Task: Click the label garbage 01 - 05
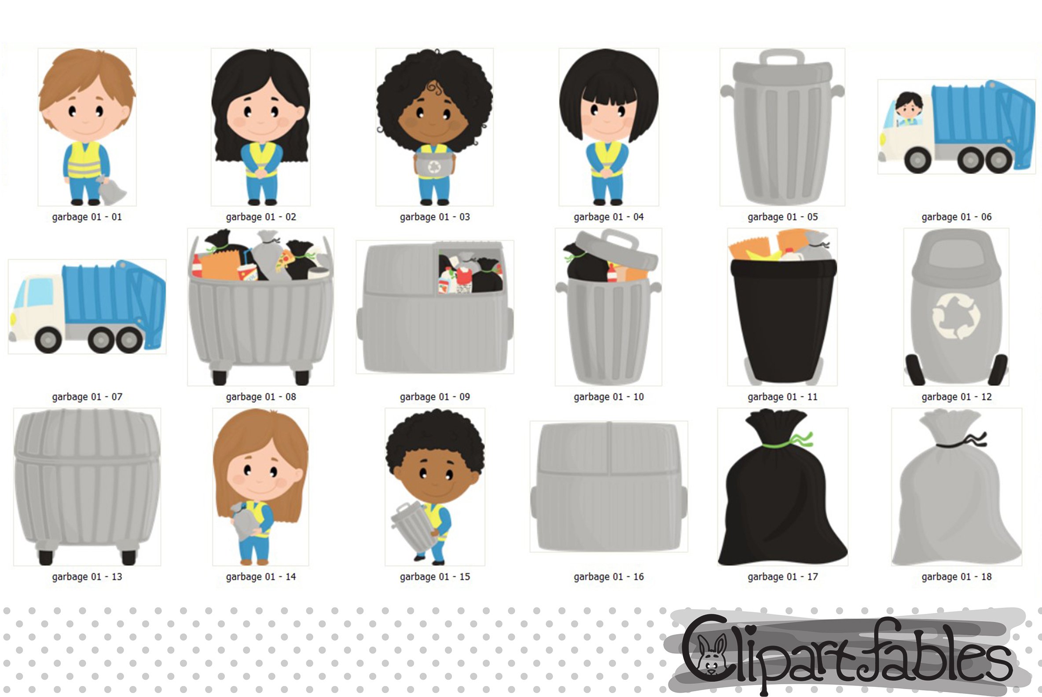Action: (782, 217)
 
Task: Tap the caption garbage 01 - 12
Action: (956, 397)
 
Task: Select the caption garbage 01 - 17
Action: (782, 577)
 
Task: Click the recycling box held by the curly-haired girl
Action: (434, 165)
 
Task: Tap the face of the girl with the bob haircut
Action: (608, 120)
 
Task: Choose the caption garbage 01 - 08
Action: (260, 397)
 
